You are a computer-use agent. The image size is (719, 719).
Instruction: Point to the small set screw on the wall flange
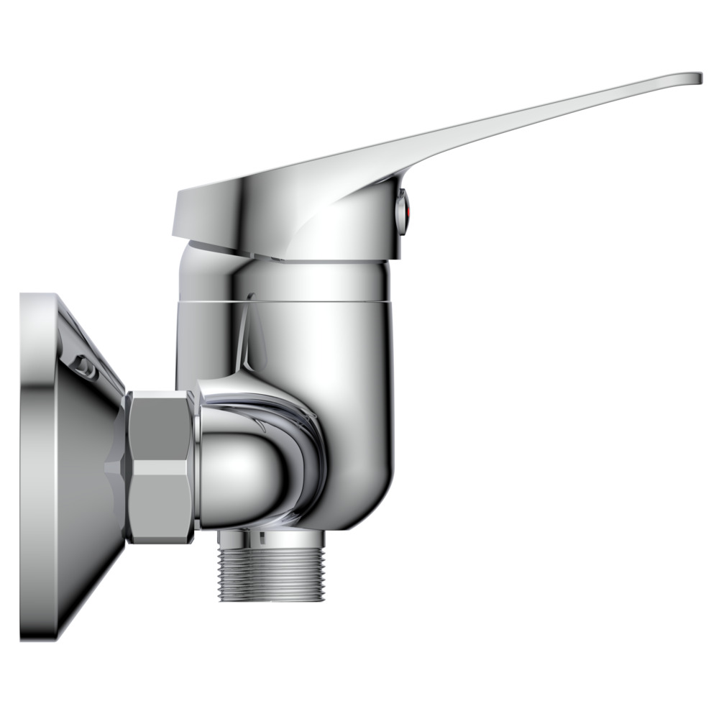tap(85, 367)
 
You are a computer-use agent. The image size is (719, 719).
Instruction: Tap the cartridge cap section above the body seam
tap(316, 277)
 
